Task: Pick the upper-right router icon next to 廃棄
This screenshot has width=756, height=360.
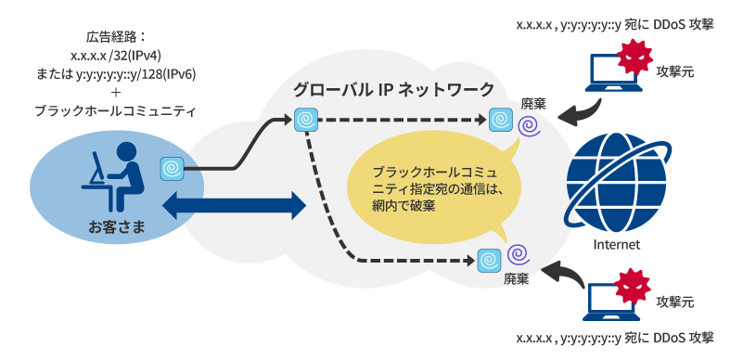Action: click(x=500, y=119)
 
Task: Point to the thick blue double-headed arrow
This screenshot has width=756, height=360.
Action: click(x=235, y=205)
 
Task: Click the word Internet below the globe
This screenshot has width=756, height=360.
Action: click(x=616, y=245)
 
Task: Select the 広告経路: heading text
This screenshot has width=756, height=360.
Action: click(x=116, y=38)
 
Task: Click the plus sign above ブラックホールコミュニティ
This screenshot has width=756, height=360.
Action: click(x=116, y=92)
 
